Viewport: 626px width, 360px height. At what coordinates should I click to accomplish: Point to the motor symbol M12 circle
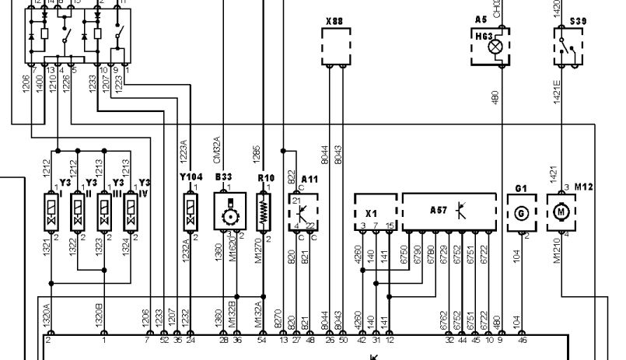[x=561, y=211]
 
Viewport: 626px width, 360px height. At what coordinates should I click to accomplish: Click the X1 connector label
[x=372, y=211]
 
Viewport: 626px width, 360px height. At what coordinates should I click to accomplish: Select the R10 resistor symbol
[x=265, y=211]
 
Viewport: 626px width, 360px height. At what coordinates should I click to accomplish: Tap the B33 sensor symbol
[x=229, y=211]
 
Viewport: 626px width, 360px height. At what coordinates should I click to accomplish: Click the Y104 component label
[x=191, y=177]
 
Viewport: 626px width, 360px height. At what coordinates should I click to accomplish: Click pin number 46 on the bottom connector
[x=522, y=341]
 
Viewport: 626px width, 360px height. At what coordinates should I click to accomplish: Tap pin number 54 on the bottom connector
[x=261, y=341]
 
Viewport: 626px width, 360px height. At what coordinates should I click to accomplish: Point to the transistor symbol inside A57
[x=461, y=210]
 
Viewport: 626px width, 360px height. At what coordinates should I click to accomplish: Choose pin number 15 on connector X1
[x=389, y=225]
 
